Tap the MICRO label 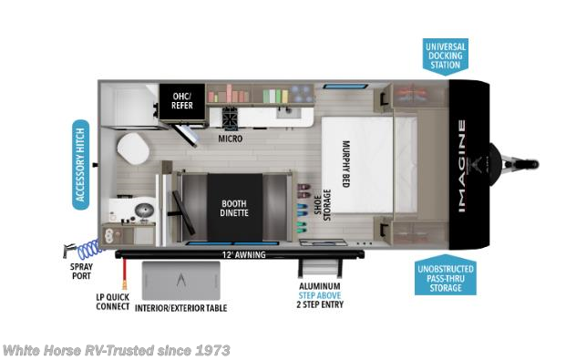pos(229,140)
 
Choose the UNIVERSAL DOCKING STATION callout pos(445,55)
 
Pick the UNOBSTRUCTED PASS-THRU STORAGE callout pos(446,276)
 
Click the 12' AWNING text pos(242,254)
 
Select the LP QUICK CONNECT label pos(113,302)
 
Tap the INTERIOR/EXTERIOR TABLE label pos(180,308)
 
